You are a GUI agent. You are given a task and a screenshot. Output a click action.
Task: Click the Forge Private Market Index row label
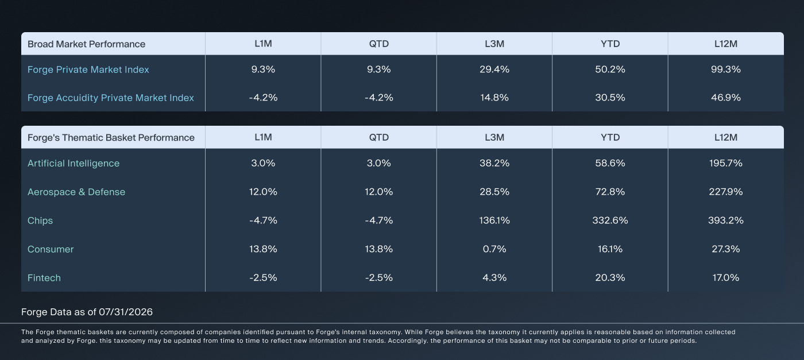88,69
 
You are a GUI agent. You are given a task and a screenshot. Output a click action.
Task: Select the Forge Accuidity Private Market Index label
110,98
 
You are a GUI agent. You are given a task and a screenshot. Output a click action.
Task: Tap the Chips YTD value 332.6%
610,220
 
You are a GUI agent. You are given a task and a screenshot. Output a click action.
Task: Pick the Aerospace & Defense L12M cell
726,192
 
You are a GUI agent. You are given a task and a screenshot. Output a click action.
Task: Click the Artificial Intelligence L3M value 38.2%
494,163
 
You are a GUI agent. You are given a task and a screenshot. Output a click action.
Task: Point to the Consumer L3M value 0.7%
494,249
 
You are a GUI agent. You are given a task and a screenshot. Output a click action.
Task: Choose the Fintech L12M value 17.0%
726,277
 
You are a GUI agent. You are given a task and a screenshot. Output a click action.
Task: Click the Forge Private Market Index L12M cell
726,69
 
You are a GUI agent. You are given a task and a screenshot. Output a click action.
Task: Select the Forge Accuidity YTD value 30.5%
610,98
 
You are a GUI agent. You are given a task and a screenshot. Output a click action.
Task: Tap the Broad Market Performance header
87,44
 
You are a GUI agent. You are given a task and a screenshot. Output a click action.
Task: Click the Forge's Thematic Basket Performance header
111,137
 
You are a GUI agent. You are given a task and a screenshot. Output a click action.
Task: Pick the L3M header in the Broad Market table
494,44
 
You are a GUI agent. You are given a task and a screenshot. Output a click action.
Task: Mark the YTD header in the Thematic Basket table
610,137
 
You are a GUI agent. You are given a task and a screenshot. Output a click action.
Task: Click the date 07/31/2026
126,312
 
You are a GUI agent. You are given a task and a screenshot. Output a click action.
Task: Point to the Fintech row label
44,278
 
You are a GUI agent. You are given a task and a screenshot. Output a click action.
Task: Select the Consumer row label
51,249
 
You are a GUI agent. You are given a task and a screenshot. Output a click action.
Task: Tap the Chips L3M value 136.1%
494,220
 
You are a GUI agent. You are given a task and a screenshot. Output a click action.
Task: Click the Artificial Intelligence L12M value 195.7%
726,163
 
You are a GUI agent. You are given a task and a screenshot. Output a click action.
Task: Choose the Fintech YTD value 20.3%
610,277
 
